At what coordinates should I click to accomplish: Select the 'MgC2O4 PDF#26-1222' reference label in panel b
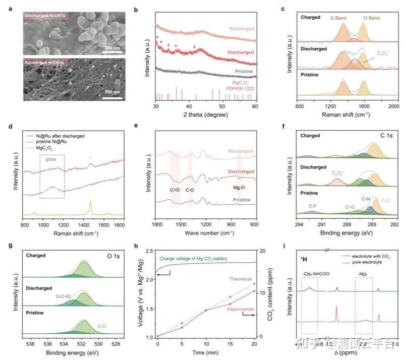[245, 84]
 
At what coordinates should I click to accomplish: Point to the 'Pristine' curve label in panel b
[245, 72]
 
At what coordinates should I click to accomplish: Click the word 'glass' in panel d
[51, 157]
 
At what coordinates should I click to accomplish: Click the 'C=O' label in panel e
[175, 190]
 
